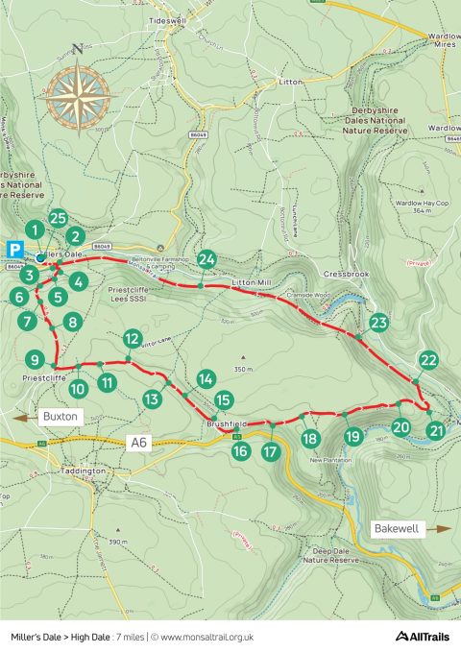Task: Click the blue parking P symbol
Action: point(15,248)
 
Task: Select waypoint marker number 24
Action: point(206,259)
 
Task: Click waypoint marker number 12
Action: point(133,338)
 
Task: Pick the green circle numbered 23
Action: point(378,322)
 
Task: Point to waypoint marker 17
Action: point(272,450)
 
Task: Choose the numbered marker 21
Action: point(437,430)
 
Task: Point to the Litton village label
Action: point(290,83)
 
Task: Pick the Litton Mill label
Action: point(254,283)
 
